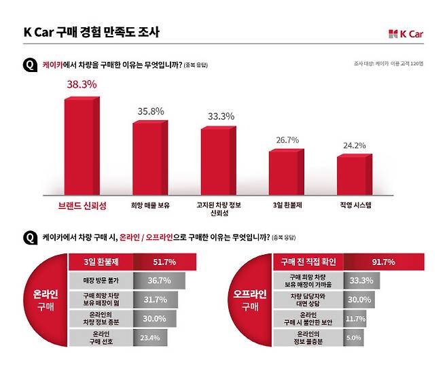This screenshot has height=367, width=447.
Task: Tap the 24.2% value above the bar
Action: [354, 145]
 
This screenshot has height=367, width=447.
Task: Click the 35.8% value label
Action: [150, 111]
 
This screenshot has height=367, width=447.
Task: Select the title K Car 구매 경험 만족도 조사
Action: [88, 33]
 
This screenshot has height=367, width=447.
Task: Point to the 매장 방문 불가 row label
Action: [101, 281]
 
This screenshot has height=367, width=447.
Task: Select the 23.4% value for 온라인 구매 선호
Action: [149, 338]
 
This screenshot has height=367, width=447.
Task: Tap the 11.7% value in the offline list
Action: [355, 319]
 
